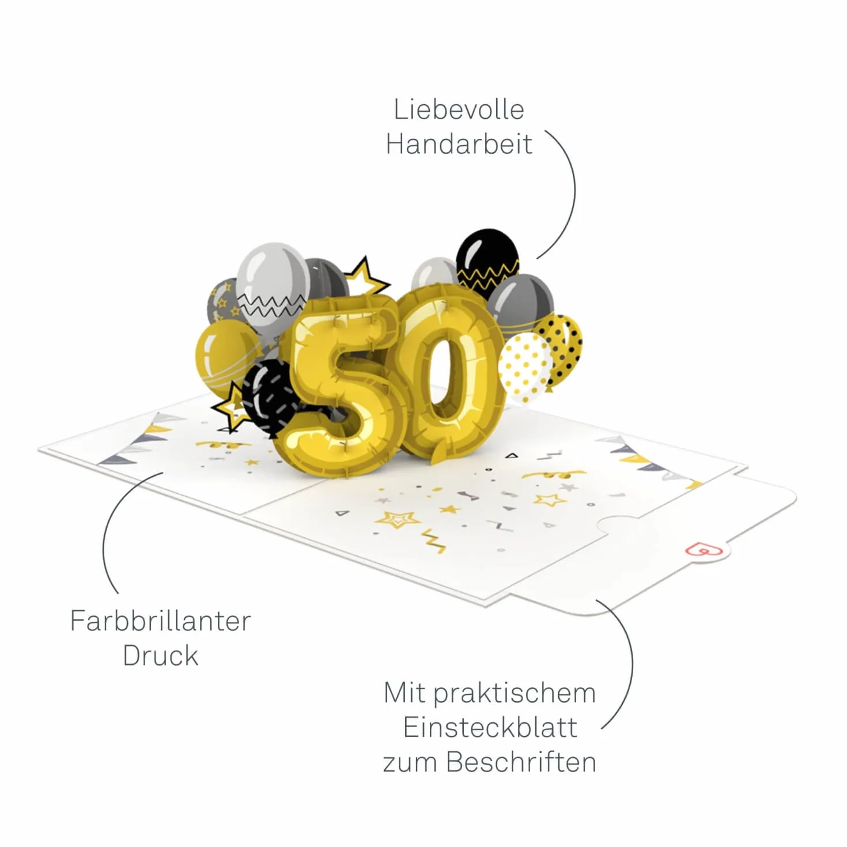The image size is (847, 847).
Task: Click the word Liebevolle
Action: [459, 109]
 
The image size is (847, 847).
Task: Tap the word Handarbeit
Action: [459, 143]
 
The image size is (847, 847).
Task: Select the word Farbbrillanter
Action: [160, 621]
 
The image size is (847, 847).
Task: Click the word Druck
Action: [160, 656]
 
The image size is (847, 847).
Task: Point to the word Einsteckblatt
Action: [490, 728]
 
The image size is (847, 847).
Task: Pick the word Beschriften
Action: [521, 762]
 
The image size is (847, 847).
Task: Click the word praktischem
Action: [515, 694]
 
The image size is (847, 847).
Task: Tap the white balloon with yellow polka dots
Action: [523, 367]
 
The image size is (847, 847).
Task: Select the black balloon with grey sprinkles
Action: [266, 396]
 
